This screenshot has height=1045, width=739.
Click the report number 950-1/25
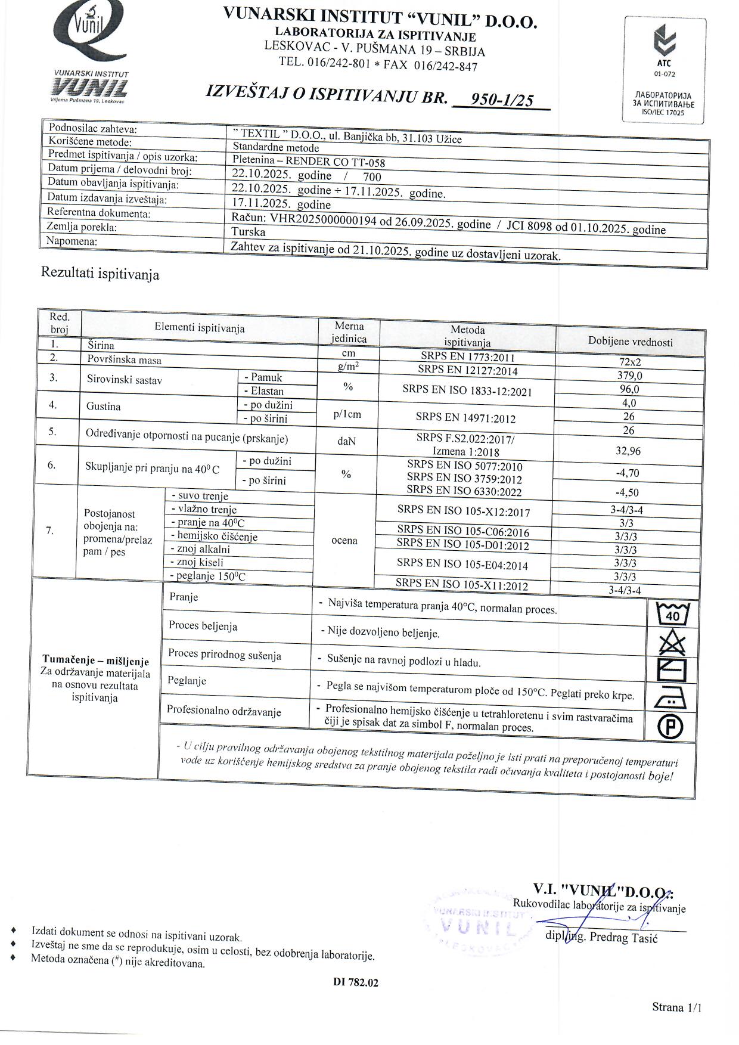tap(502, 100)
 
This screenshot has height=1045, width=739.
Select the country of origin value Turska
tap(249, 232)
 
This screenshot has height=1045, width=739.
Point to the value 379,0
tap(629, 376)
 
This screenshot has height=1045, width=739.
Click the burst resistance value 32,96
tap(628, 451)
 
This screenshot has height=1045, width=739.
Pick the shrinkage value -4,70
tap(627, 473)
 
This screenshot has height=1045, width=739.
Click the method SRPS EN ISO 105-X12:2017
tap(463, 511)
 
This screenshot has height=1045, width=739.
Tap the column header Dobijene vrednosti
tap(630, 342)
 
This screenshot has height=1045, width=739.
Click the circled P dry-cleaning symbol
tap(670, 726)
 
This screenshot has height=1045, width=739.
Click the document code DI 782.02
tap(356, 983)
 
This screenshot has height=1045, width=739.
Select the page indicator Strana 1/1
tap(676, 1007)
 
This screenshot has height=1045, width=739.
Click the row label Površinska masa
tap(124, 360)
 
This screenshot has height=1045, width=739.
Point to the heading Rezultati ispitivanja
tap(100, 274)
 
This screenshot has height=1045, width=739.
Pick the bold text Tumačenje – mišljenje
tap(95, 661)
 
